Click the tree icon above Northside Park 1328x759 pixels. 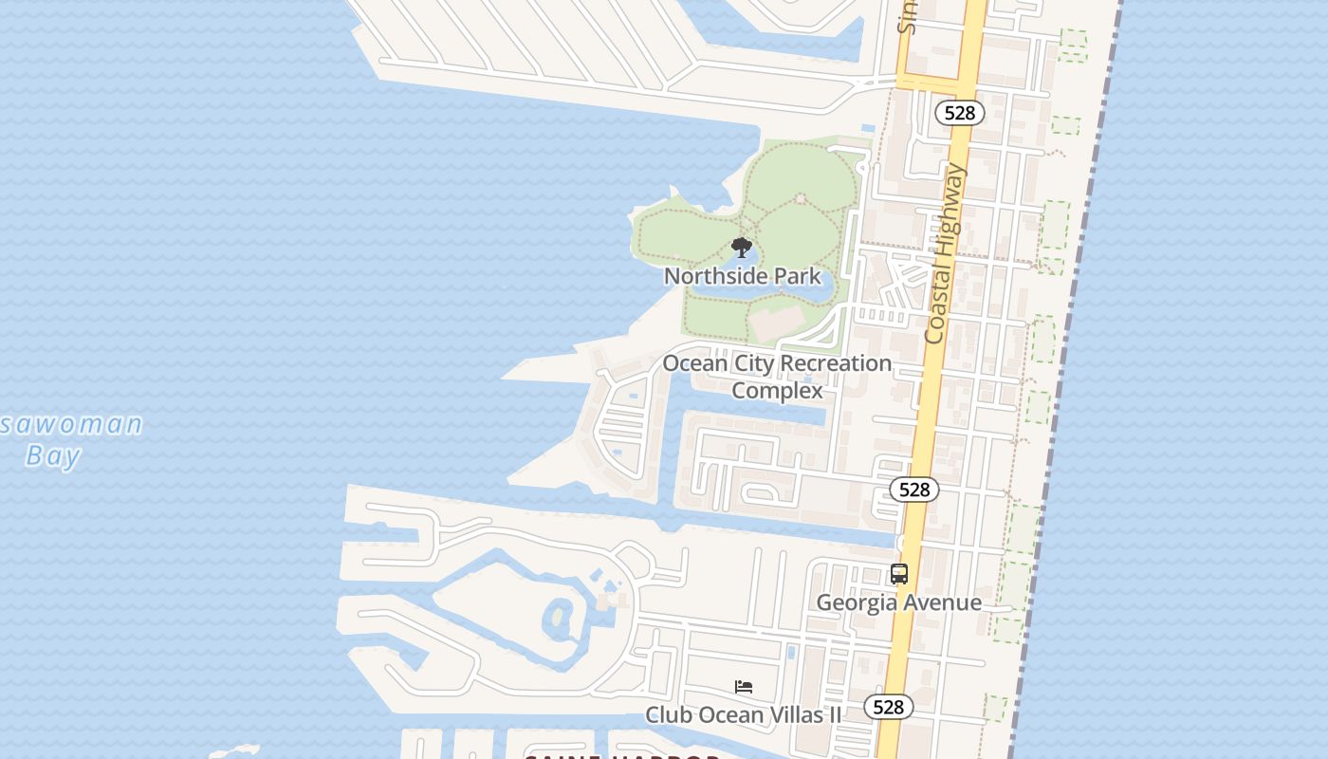coord(742,249)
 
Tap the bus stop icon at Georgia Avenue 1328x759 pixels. coord(899,574)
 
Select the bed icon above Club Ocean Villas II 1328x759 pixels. coord(744,687)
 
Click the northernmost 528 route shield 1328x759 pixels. coord(960,113)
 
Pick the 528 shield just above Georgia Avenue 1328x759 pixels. coord(914,490)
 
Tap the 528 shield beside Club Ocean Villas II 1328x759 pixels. coord(888,707)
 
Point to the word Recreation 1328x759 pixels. coord(831,363)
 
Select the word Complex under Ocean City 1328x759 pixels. coord(777,390)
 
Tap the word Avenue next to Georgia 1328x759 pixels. coord(943,602)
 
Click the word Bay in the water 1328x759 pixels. coord(53,456)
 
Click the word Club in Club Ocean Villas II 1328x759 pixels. coord(666,714)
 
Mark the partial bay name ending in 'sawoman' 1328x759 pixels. coord(71,424)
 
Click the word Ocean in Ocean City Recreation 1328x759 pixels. coord(693,363)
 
